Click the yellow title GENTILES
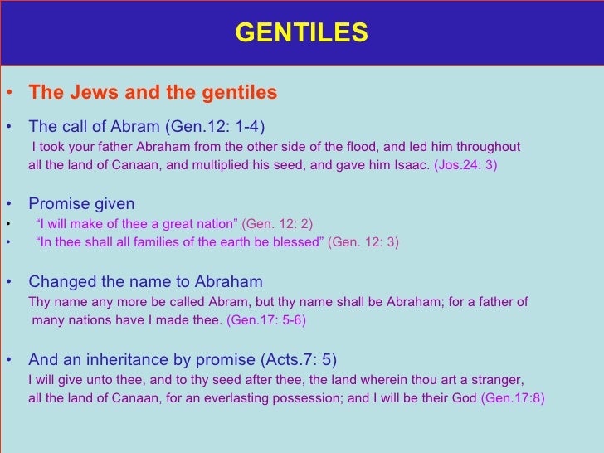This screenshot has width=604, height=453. [x=301, y=32]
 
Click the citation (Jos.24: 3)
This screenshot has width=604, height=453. [x=465, y=165]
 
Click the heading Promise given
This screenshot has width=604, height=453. [x=81, y=204]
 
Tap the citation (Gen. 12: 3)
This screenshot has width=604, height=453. [x=363, y=242]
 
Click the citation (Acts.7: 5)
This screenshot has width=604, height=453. [x=299, y=360]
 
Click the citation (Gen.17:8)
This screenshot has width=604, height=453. [x=513, y=398]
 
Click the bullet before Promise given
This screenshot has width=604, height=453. [x=7, y=204]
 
